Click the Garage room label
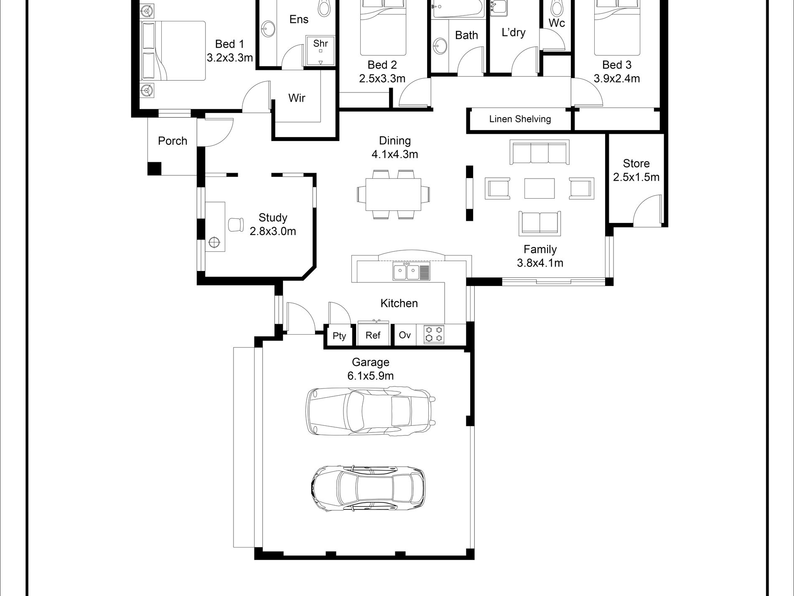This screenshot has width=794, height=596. pos(370,362)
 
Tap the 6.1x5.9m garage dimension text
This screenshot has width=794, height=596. pos(370,376)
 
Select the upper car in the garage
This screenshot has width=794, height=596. pos(371,411)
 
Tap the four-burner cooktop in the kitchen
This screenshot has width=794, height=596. pos(434,335)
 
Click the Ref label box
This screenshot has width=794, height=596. pos(373,335)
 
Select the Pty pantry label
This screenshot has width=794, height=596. pos(339,336)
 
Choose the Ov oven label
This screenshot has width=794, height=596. pos(405,335)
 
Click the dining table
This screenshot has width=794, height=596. pos(393,194)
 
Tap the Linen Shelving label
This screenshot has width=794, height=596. pos(520,119)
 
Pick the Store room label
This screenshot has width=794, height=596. pos(636,163)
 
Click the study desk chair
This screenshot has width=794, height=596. pos(236,225)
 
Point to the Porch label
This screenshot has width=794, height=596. pos(172,141)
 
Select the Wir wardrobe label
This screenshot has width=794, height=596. pos(297,98)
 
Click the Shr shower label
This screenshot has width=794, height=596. pos(321,43)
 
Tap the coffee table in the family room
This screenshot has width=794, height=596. pos(539,188)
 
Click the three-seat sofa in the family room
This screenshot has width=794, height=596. pos(540,152)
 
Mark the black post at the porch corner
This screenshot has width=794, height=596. pos(154,168)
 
